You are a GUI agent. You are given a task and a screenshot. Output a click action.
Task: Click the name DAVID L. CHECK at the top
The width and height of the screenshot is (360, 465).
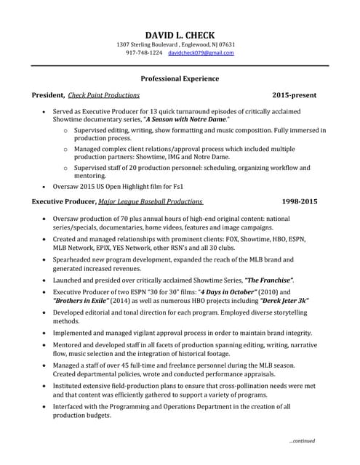[x=180, y=35]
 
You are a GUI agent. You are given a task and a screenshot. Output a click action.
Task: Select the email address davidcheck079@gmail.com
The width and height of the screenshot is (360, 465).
[x=201, y=53]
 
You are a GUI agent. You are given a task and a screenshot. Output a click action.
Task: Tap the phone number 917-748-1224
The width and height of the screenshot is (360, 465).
[x=144, y=53]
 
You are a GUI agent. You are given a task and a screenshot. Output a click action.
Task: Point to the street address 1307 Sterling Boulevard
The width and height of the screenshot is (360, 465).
[x=149, y=44]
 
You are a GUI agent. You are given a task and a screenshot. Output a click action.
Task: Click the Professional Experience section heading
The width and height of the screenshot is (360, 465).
[x=180, y=78]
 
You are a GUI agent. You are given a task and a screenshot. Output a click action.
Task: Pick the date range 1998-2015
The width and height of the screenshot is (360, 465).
[x=299, y=201]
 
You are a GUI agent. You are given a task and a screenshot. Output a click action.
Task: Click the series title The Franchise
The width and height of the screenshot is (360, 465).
[x=269, y=280]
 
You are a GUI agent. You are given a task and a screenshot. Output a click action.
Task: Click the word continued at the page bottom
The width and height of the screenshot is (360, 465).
[x=303, y=441]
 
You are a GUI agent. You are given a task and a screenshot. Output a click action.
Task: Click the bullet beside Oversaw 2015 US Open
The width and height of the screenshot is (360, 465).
[x=47, y=185]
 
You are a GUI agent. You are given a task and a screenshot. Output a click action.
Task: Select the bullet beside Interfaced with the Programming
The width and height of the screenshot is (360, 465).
[x=47, y=407]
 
